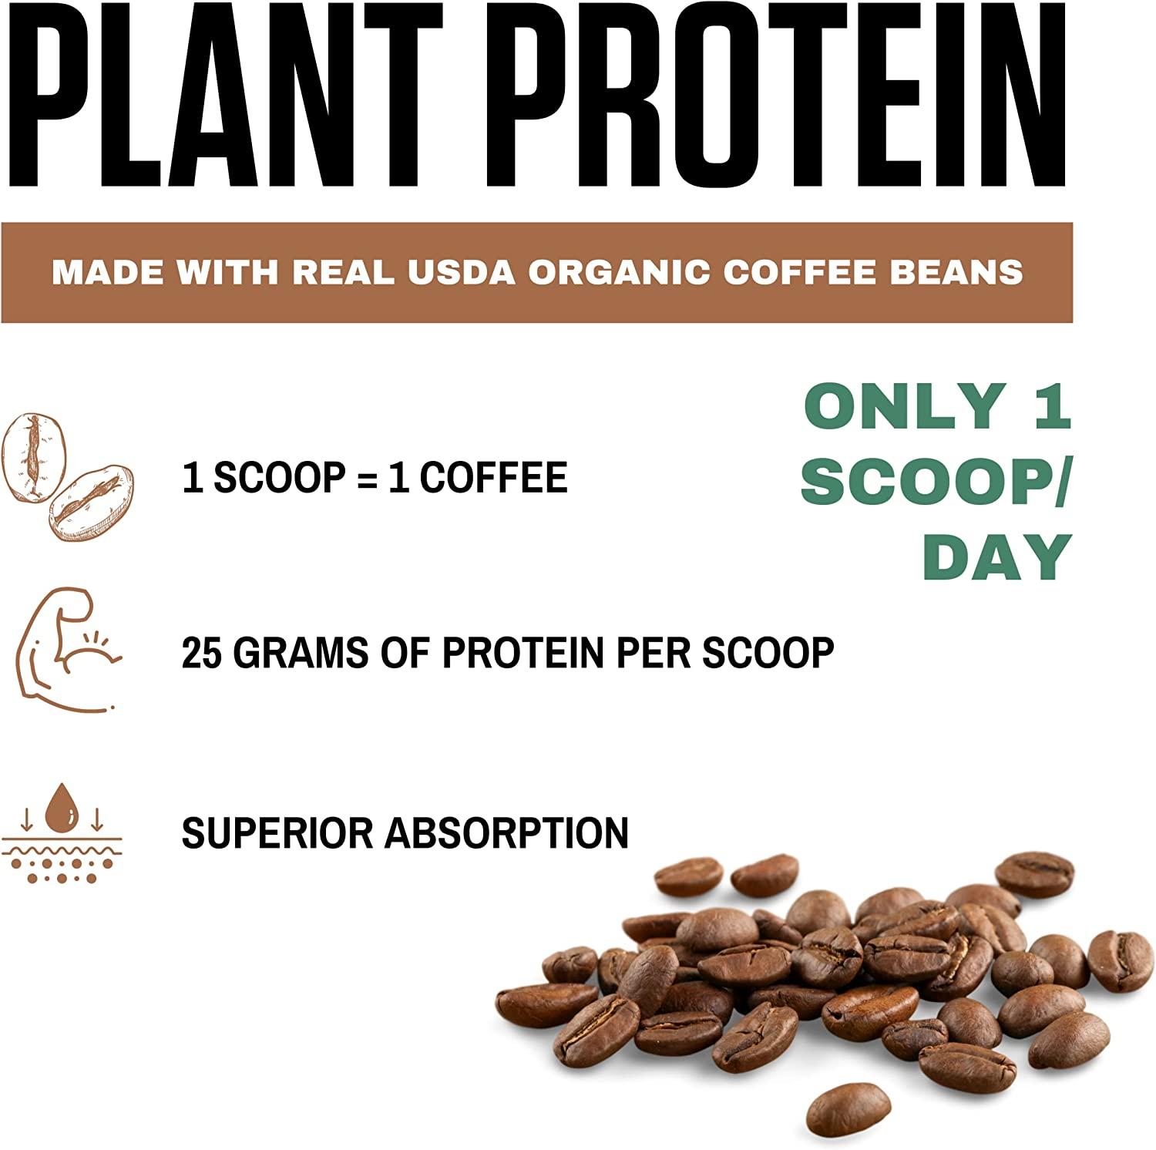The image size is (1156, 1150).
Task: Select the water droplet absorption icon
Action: tap(62, 833)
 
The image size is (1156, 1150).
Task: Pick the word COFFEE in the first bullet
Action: tap(494, 477)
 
